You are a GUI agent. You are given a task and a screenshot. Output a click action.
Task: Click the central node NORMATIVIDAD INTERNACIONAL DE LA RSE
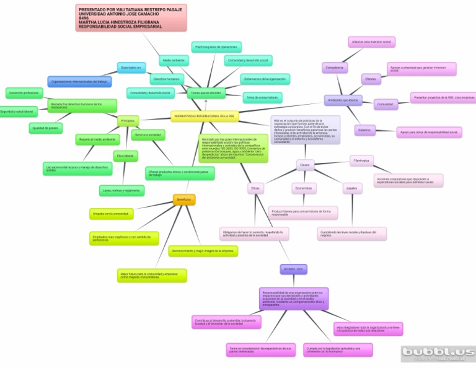click(x=205, y=116)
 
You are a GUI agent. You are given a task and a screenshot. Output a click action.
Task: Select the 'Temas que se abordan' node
click(x=206, y=92)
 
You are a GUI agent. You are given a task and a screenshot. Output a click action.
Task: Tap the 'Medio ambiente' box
click(x=174, y=61)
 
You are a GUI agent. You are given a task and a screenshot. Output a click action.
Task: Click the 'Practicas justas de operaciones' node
click(x=216, y=47)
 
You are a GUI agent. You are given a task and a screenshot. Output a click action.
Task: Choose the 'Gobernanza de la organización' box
click(x=265, y=79)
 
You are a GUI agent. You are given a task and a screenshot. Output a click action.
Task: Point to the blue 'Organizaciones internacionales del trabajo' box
click(x=79, y=81)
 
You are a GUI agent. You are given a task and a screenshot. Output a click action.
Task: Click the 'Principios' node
click(x=128, y=121)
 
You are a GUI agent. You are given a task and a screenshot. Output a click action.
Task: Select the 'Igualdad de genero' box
click(x=46, y=128)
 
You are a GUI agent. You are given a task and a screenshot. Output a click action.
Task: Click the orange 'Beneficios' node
click(x=184, y=199)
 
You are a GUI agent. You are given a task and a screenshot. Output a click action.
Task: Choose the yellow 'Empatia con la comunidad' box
click(x=111, y=214)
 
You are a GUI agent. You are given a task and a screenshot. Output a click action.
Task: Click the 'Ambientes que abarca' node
click(x=343, y=100)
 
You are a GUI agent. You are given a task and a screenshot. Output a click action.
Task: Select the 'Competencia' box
click(x=335, y=68)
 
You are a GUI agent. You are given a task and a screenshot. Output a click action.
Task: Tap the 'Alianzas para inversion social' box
click(x=371, y=42)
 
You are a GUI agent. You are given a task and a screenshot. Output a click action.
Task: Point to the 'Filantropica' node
click(x=361, y=160)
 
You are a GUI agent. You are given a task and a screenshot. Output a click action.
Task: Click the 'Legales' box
click(x=352, y=188)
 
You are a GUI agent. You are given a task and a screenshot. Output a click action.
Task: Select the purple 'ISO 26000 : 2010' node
click(x=293, y=269)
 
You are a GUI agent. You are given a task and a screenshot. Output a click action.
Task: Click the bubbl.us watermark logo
click(x=438, y=353)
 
